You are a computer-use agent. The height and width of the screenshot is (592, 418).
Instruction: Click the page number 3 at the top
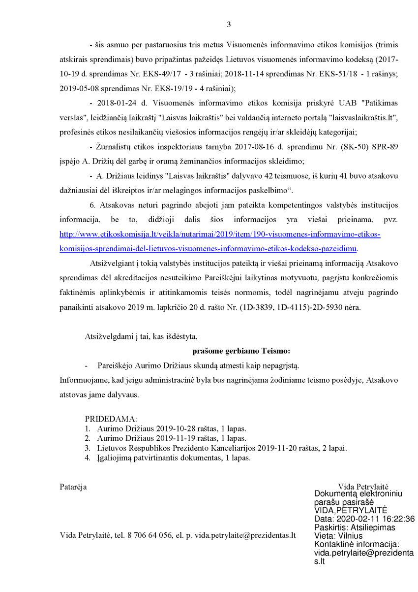(229, 25)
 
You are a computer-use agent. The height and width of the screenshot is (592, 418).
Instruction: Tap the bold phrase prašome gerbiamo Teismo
(241, 351)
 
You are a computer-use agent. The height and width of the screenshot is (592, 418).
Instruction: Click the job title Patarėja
(73, 487)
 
